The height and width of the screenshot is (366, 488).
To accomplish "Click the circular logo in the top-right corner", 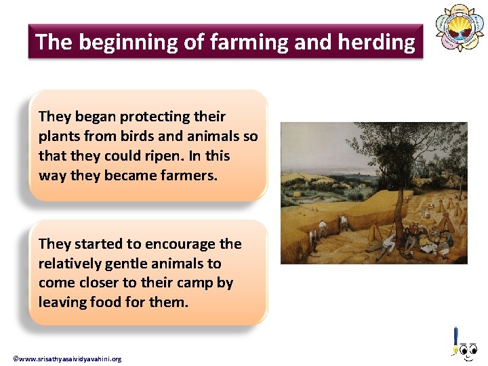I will [460, 28].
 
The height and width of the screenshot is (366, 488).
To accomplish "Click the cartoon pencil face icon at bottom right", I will [464, 346].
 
